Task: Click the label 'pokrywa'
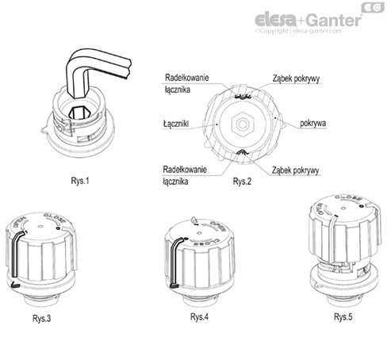pyautogui.click(x=315, y=124)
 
